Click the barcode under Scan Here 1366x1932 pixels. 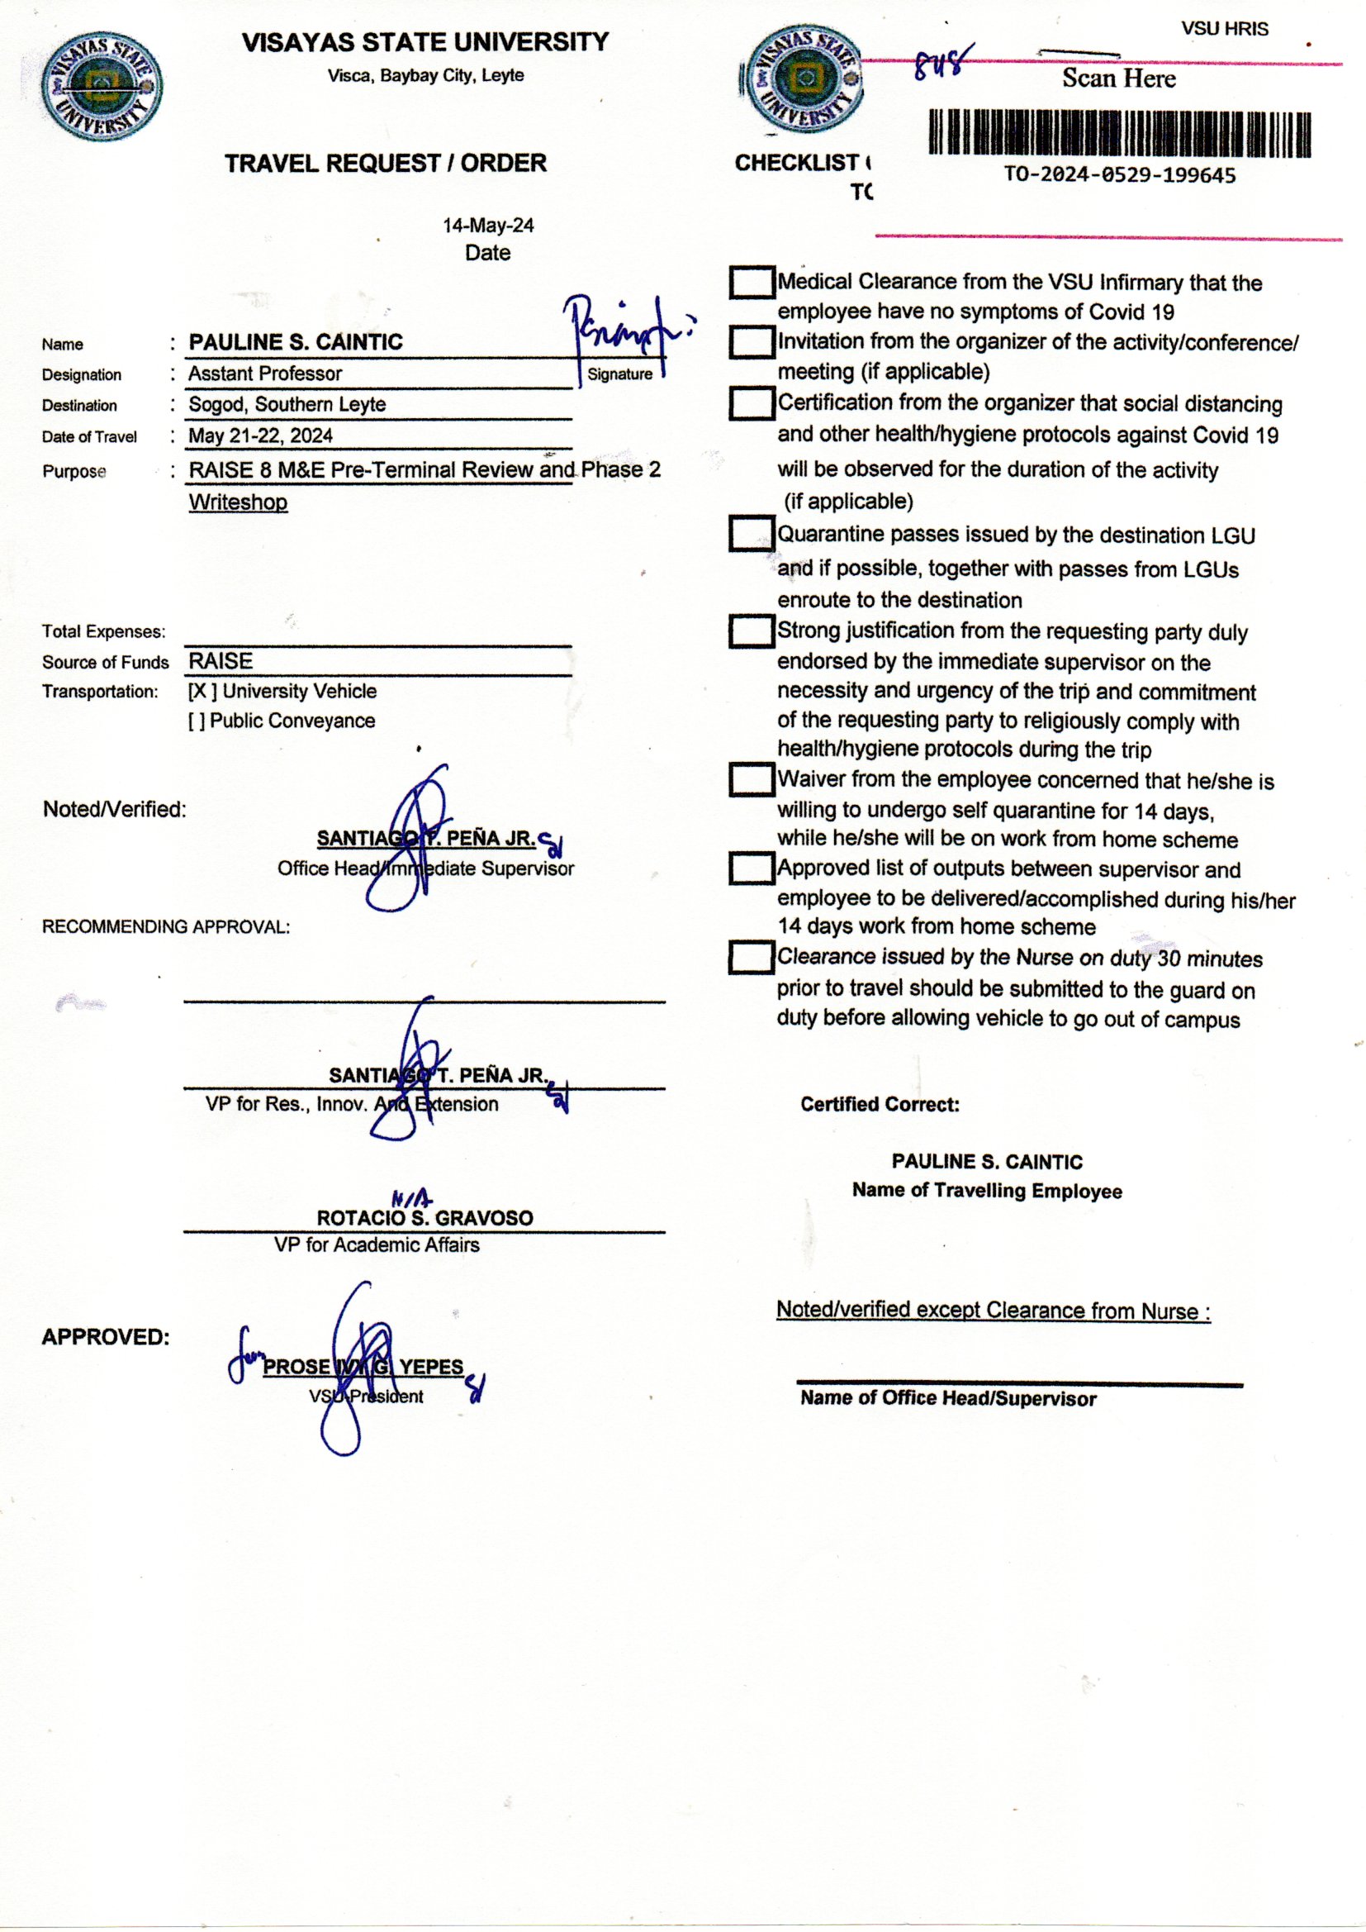[x=1120, y=134]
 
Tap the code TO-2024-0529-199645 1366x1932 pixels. [x=1120, y=175]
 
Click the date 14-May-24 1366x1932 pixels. [x=488, y=226]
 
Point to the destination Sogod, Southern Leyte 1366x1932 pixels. [x=287, y=405]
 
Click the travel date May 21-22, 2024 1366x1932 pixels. [x=261, y=435]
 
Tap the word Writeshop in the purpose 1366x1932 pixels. [x=238, y=502]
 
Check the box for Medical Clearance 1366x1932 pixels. [x=751, y=283]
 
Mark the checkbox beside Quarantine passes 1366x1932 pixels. [x=751, y=535]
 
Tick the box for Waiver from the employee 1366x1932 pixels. [x=751, y=779]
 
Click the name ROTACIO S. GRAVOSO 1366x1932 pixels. [x=425, y=1217]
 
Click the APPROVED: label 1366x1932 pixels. [x=106, y=1337]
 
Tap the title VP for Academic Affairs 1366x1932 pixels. [x=377, y=1244]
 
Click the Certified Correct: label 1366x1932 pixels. [x=880, y=1104]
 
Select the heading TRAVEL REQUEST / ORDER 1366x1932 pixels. [x=385, y=164]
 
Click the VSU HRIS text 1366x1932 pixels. [x=1224, y=29]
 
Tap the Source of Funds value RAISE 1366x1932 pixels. [x=221, y=661]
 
